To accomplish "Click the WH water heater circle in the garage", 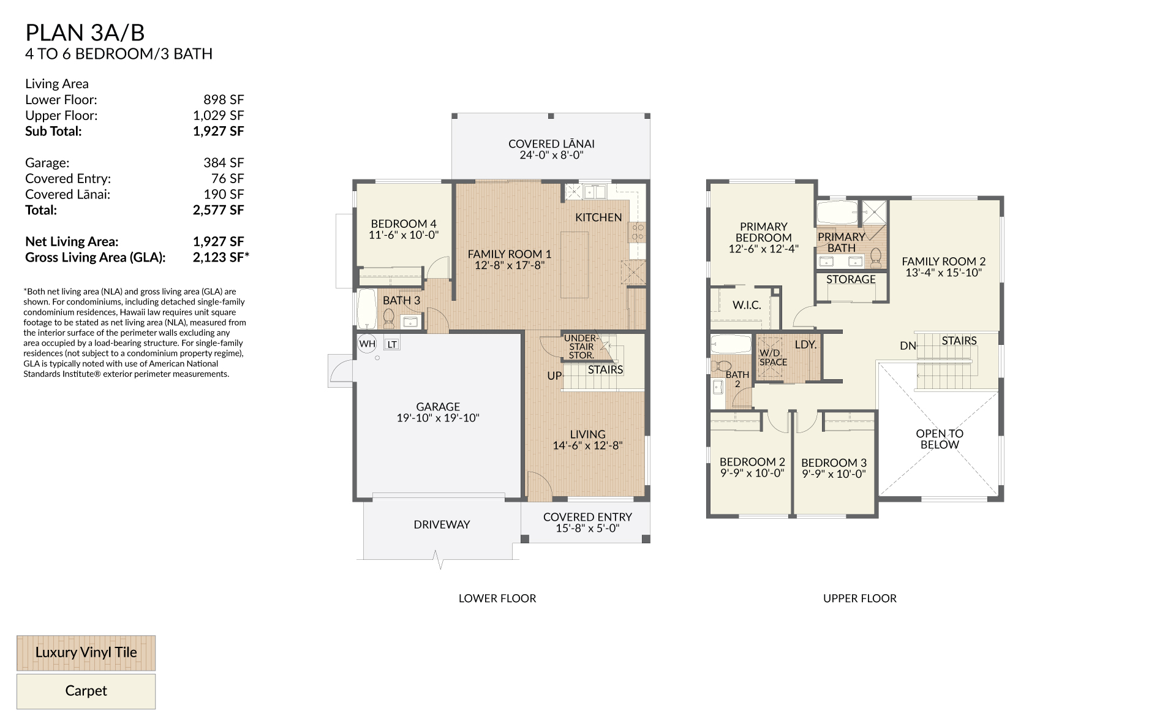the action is pyautogui.click(x=367, y=344).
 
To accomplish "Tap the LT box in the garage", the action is pyautogui.click(x=392, y=344).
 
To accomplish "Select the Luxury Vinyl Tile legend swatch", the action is pyautogui.click(x=86, y=653).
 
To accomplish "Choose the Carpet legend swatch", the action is pyautogui.click(x=86, y=692).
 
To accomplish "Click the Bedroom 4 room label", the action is pyautogui.click(x=404, y=224).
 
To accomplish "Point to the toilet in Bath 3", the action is pyautogui.click(x=388, y=319).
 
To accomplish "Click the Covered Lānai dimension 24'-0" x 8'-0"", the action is pyautogui.click(x=551, y=155).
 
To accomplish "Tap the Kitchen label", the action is pyautogui.click(x=598, y=217).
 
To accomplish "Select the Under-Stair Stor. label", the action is pyautogui.click(x=581, y=347).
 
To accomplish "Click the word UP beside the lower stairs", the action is pyautogui.click(x=554, y=375).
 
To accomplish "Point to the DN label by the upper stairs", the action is pyautogui.click(x=908, y=346).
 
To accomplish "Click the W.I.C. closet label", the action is pyautogui.click(x=747, y=305).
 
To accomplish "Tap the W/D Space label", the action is pyautogui.click(x=773, y=358).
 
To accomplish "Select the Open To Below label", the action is pyautogui.click(x=940, y=439).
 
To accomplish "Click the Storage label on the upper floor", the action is pyautogui.click(x=851, y=279).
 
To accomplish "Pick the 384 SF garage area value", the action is pyautogui.click(x=224, y=163).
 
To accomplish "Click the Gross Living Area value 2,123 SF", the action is pyautogui.click(x=221, y=257).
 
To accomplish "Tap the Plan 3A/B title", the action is pyautogui.click(x=85, y=32).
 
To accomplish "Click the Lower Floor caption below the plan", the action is pyautogui.click(x=497, y=598).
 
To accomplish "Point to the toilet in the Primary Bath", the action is pyautogui.click(x=875, y=257).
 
